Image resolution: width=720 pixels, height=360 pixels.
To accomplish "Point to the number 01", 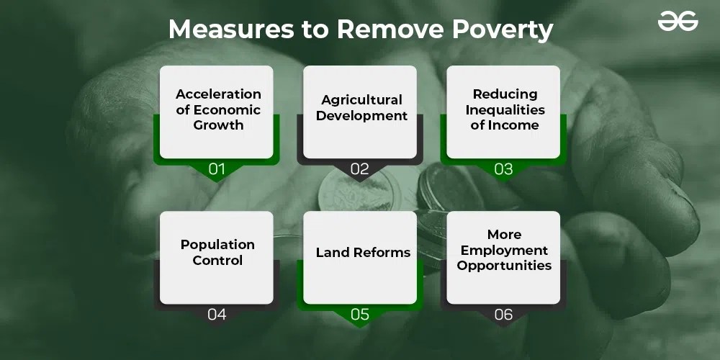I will click(217, 169).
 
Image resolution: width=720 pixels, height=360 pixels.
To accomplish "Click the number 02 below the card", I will click(360, 169).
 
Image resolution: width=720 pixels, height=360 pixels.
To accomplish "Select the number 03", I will click(503, 169).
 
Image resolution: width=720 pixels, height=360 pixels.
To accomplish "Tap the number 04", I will click(217, 314).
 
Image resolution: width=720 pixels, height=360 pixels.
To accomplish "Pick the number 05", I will click(360, 314).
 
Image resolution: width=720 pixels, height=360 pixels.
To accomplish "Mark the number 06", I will click(503, 314).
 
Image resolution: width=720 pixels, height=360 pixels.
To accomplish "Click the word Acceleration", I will click(218, 94).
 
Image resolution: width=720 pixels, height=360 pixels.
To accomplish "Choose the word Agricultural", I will click(361, 100).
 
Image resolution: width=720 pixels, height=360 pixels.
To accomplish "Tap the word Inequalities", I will click(505, 109).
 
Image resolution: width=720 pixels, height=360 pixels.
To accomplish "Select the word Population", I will click(217, 245).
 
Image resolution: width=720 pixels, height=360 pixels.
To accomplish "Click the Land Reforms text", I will click(363, 253).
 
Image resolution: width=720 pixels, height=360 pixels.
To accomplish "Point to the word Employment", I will click(504, 251).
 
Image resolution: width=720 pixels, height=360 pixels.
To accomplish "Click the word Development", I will click(361, 116).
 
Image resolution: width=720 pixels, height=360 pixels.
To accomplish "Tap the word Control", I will click(217, 261).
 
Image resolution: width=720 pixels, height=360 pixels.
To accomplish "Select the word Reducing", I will click(505, 94).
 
